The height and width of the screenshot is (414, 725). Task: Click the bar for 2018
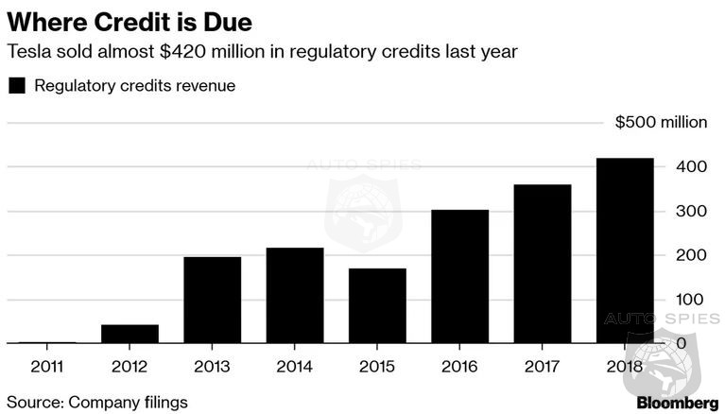625,250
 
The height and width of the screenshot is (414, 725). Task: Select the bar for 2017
543,264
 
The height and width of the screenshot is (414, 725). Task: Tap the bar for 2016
460,276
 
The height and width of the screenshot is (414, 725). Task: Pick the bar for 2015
377,305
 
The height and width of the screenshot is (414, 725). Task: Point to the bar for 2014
295,295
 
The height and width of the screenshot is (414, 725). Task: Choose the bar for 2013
212,300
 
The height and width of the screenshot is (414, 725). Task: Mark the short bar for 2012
129,334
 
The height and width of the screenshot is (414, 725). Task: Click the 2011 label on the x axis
47,365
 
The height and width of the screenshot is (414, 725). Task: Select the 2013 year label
212,365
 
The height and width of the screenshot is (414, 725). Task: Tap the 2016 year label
460,365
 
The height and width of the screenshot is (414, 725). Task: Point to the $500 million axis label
660,123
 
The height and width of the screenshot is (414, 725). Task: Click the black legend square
16,86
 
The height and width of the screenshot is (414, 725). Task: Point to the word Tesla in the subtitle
27,52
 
